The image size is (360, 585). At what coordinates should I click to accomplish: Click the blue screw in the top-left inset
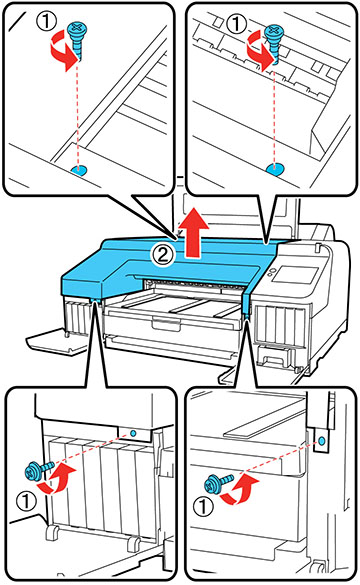pyautogui.click(x=77, y=38)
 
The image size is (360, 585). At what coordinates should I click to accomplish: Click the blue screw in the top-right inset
pyautogui.click(x=274, y=40)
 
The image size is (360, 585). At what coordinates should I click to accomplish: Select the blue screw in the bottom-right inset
pyautogui.click(x=218, y=482)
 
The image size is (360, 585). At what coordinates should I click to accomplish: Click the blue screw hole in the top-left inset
pyautogui.click(x=79, y=171)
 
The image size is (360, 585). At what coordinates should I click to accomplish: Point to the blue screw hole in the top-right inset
pyautogui.click(x=275, y=170)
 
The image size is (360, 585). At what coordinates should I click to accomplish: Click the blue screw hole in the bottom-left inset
pyautogui.click(x=133, y=434)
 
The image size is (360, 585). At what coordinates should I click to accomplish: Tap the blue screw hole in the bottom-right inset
pyautogui.click(x=322, y=441)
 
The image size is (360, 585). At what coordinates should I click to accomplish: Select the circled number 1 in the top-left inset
pyautogui.click(x=47, y=21)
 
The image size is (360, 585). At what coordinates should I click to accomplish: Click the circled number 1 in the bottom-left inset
pyautogui.click(x=26, y=501)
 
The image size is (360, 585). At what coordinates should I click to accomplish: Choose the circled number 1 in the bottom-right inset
pyautogui.click(x=204, y=507)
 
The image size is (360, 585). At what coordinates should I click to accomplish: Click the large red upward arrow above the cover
pyautogui.click(x=193, y=233)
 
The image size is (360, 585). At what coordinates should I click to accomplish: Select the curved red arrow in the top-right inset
pyautogui.click(x=259, y=53)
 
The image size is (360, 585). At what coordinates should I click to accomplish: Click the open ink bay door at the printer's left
pyautogui.click(x=57, y=340)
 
